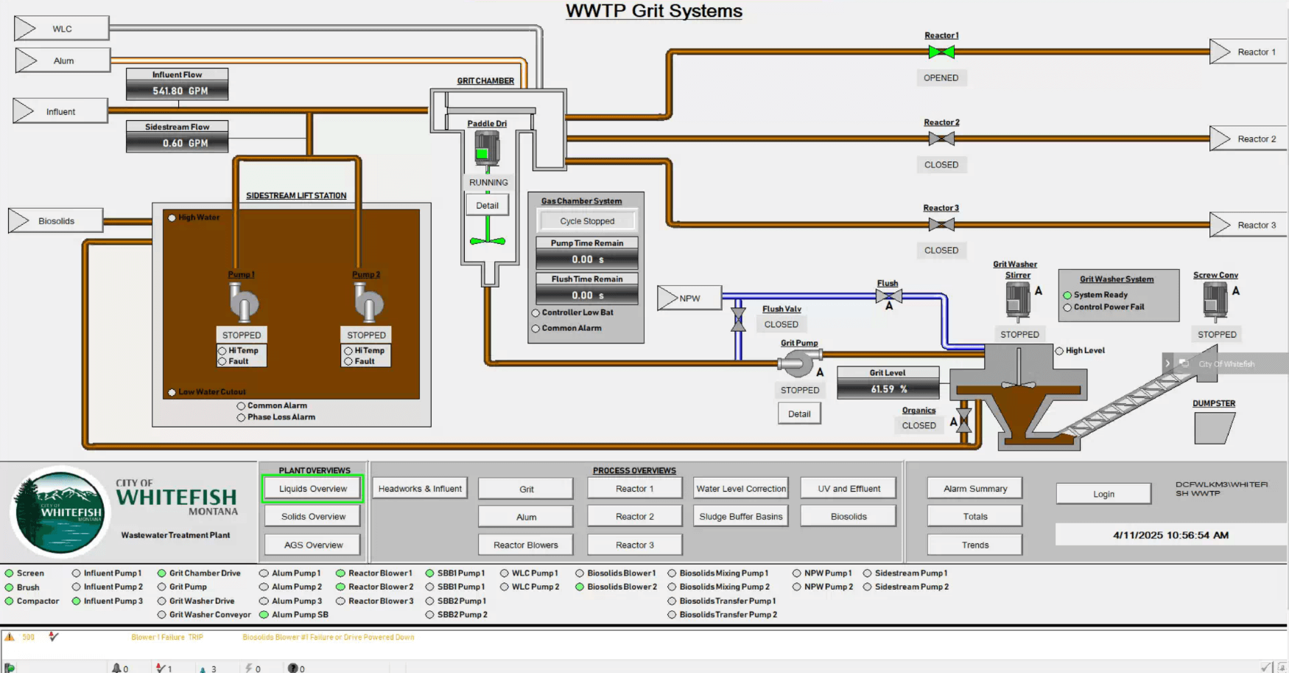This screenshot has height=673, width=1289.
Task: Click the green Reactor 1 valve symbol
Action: [x=941, y=52]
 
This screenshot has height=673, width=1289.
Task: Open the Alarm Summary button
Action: [x=974, y=488]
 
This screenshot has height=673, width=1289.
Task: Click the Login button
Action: [x=1103, y=494]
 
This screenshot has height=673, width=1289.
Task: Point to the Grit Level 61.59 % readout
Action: [x=888, y=388]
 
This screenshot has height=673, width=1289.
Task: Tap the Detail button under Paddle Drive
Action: [x=487, y=206]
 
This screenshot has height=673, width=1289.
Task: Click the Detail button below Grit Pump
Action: [x=798, y=414]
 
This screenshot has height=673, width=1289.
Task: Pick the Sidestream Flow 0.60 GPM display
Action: [x=178, y=143]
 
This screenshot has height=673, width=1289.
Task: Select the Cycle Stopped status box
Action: [x=586, y=221]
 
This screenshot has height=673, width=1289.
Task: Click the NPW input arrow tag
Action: [x=689, y=298]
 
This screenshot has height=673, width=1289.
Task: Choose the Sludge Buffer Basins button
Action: [x=740, y=516]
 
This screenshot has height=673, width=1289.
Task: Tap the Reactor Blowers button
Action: [x=525, y=545]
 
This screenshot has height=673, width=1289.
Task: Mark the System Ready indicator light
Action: [x=1067, y=295]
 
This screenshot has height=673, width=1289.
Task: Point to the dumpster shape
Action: [x=1213, y=428]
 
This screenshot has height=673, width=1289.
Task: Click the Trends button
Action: [x=974, y=545]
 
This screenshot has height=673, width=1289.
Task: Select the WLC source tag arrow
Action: [x=61, y=29]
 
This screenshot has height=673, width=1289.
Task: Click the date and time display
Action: [x=1170, y=535]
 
